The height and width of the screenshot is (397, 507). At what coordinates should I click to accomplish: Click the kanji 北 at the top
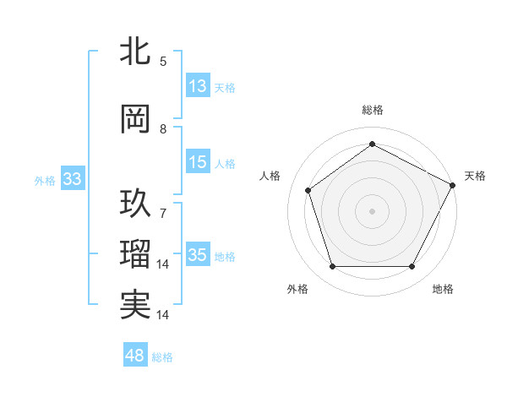(135, 52)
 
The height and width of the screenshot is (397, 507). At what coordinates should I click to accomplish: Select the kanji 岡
(135, 119)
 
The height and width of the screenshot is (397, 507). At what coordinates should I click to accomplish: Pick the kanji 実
(135, 305)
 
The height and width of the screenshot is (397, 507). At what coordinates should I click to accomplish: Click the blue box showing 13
(198, 86)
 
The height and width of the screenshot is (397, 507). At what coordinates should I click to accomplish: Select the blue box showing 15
(198, 163)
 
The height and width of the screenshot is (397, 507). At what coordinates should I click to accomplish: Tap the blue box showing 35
(198, 255)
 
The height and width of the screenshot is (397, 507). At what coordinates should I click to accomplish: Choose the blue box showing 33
(72, 179)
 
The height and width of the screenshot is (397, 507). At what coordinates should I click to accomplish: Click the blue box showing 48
(135, 356)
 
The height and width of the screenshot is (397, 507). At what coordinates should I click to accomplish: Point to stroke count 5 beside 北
(163, 61)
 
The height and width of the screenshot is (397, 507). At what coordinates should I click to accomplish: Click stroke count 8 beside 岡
(163, 129)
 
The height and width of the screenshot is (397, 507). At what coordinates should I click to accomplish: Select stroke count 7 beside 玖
(163, 204)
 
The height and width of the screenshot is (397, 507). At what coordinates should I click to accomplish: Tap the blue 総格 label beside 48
(162, 357)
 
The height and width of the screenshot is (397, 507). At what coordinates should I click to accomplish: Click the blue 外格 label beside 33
(45, 180)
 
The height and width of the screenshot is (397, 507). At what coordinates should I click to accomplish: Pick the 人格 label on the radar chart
(270, 175)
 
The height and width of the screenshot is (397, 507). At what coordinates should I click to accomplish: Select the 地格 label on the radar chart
(443, 289)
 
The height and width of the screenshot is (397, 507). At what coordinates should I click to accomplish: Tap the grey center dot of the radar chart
(372, 210)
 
